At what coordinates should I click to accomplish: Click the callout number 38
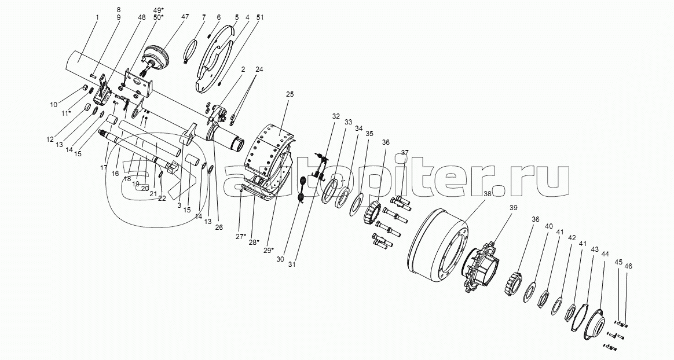[487, 194]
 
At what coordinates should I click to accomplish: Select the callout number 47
[185, 18]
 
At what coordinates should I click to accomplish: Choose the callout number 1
[97, 18]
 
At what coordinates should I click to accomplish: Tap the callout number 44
[605, 254]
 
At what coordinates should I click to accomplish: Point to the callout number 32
[335, 116]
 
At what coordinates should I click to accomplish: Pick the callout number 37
[404, 153]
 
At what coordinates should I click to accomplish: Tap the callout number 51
[260, 18]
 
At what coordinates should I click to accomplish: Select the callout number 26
[219, 227]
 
